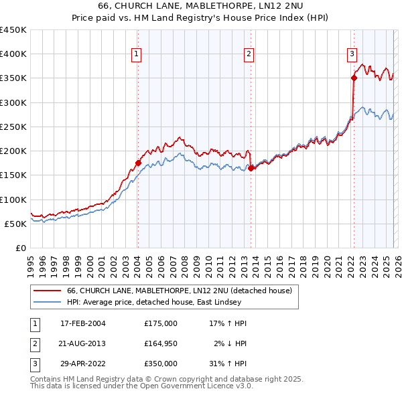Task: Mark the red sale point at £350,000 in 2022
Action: (353, 78)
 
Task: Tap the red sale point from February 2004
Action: (138, 163)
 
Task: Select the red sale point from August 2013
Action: (251, 168)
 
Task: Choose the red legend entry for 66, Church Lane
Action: (179, 291)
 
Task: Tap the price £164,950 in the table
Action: (160, 343)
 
